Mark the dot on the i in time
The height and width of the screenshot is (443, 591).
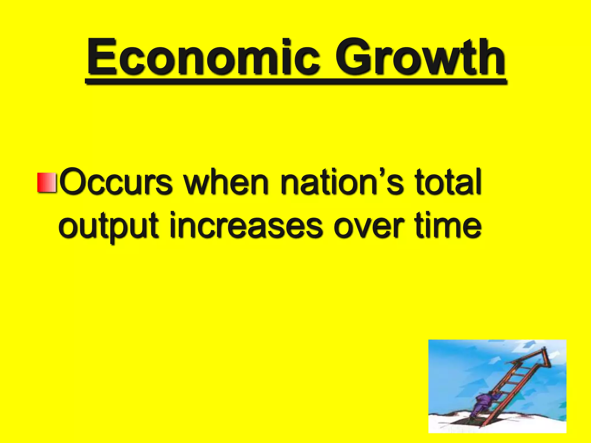(431, 214)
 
